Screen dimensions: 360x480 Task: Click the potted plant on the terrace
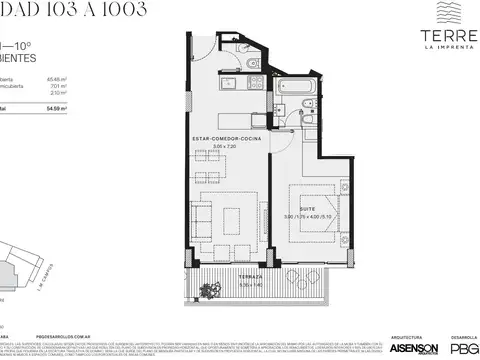point(210,292)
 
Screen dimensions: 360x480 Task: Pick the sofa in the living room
point(201,217)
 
